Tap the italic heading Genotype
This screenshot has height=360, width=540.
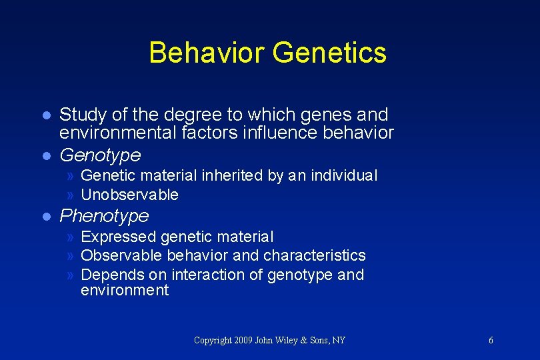coord(101,155)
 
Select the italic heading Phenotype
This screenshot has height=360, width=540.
coord(105,216)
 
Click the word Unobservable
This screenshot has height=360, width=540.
coord(129,195)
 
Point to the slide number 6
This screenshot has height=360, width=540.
coord(491,341)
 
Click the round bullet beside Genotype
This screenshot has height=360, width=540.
coord(45,156)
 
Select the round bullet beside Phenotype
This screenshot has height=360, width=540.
coord(45,217)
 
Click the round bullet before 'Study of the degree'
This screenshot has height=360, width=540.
coord(45,115)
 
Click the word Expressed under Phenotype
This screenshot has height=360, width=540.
coord(119,237)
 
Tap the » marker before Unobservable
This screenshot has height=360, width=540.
coord(71,195)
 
